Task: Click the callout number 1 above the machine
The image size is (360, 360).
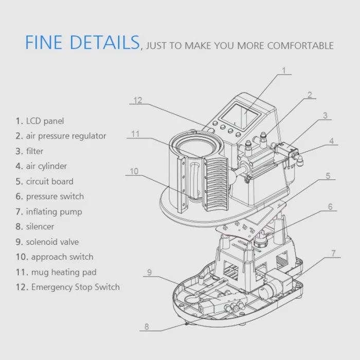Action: (284, 70)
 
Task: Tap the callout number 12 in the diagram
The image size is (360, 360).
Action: (138, 100)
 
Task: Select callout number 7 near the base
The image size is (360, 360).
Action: (333, 253)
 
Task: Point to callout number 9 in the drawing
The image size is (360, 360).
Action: (150, 272)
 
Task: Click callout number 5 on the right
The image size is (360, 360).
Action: (328, 176)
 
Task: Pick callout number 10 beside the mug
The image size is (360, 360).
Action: (134, 171)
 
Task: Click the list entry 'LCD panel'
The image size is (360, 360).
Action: (40, 121)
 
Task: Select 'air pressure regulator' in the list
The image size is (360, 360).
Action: (61, 136)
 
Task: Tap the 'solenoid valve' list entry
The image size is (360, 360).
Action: (47, 242)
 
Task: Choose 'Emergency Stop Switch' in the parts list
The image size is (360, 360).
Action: (68, 287)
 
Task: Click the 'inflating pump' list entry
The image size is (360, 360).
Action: (49, 212)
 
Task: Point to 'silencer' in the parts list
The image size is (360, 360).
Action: (34, 227)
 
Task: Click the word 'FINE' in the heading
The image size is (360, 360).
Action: (44, 42)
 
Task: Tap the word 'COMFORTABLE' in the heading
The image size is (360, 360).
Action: (300, 46)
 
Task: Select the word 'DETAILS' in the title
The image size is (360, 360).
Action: (105, 42)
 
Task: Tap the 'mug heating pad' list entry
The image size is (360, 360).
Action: (56, 272)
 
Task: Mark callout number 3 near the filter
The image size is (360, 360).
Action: (325, 116)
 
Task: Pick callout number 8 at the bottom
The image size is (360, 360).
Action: (147, 327)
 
